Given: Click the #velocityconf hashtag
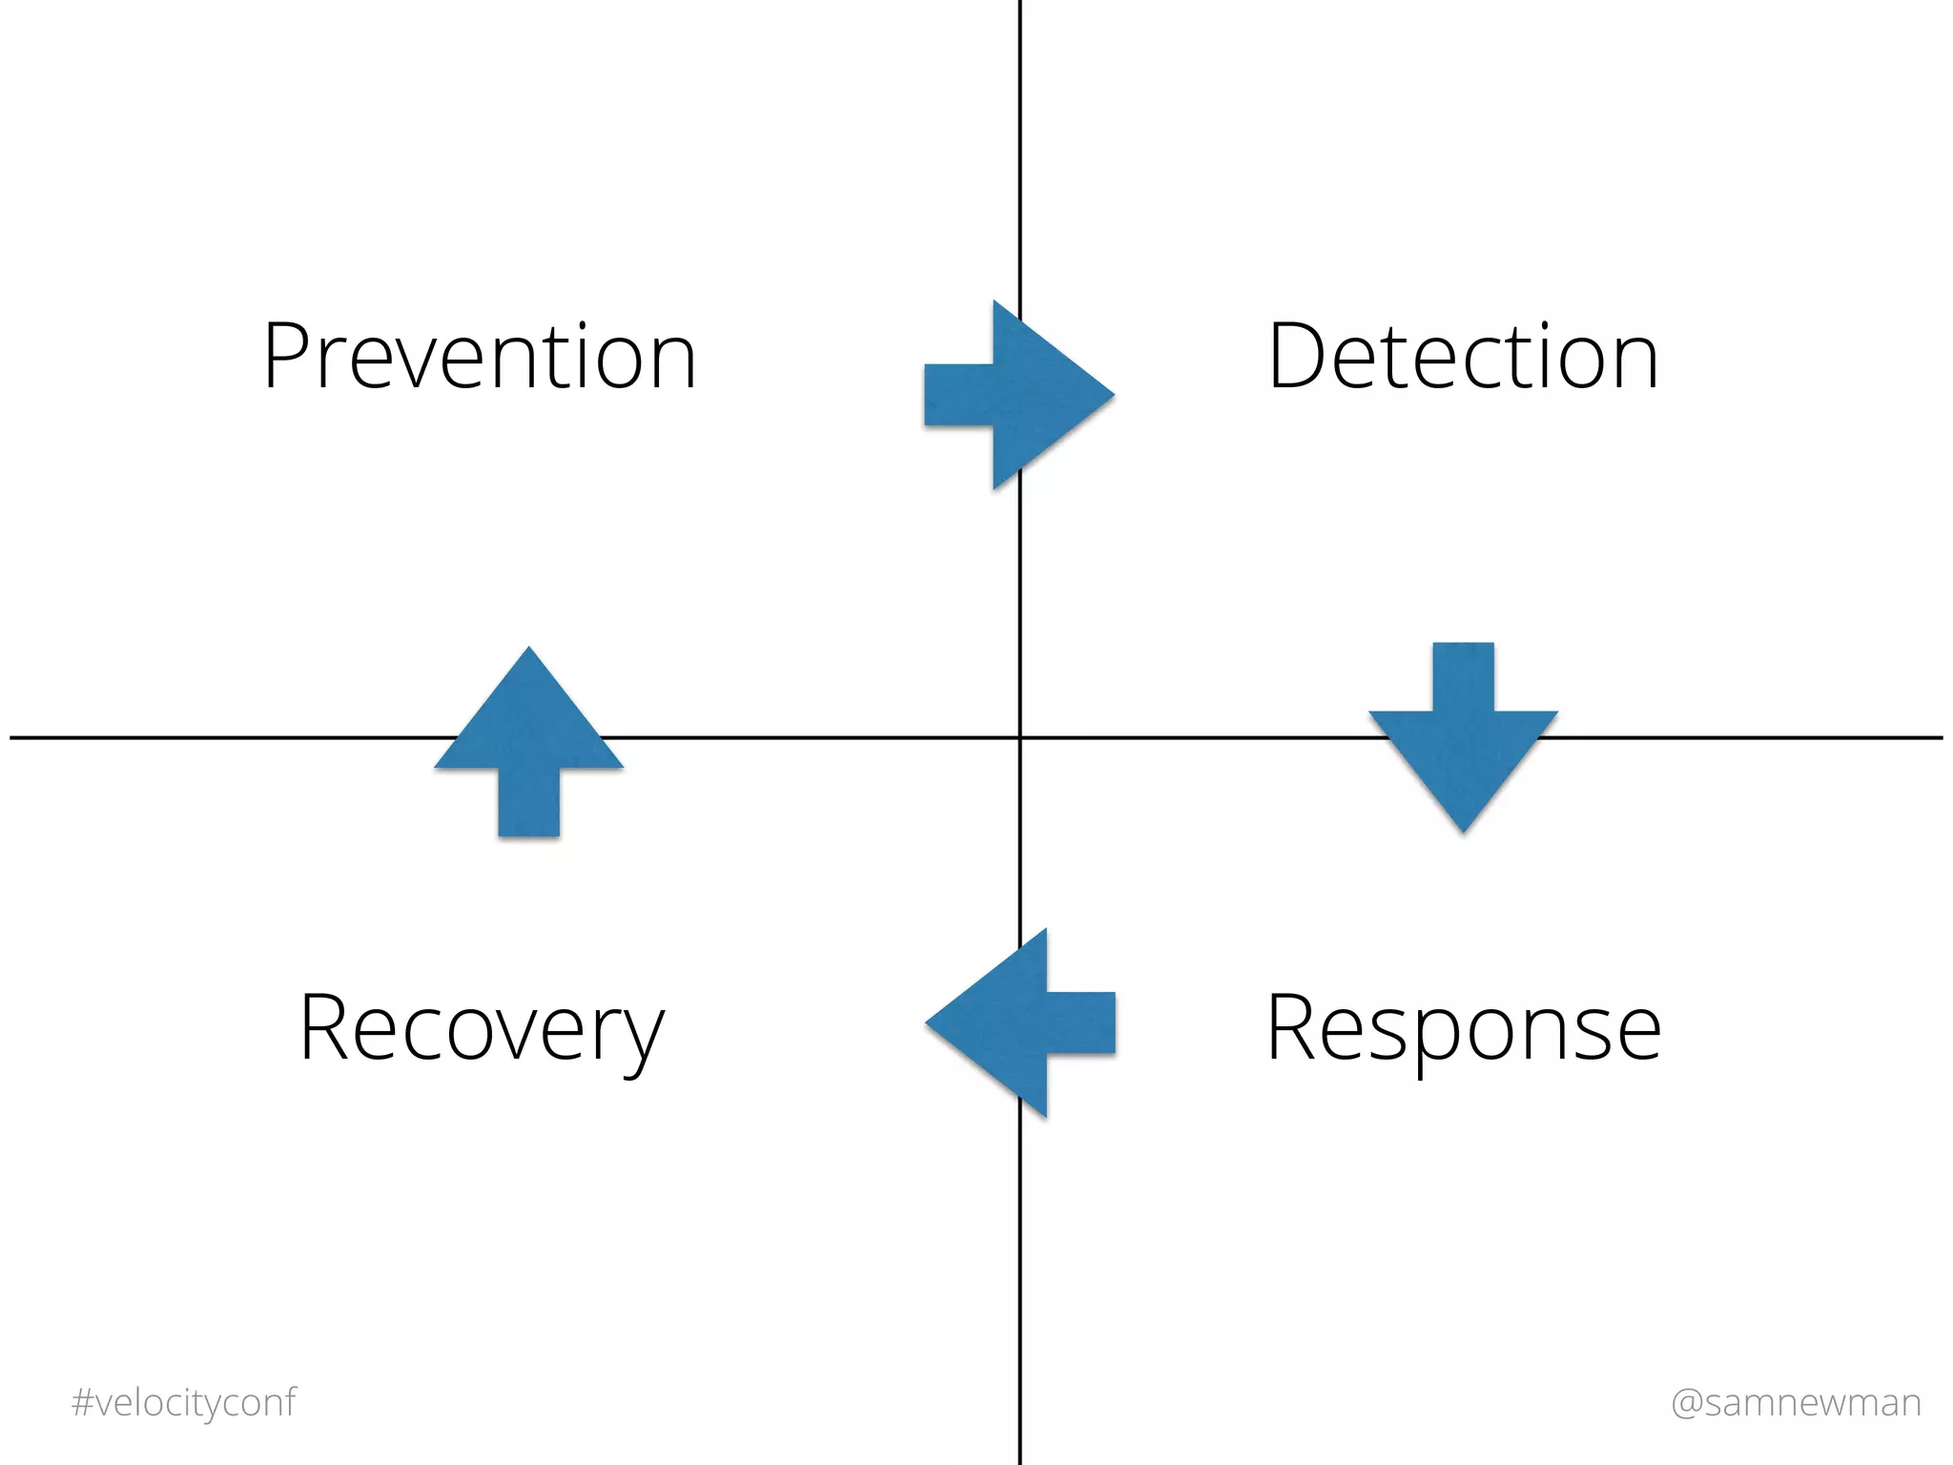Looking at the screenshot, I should click(184, 1402).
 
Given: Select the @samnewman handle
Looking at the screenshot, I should click(1796, 1402).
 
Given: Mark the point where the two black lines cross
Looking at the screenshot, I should click(1020, 737).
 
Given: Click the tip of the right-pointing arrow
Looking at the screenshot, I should click(1111, 394).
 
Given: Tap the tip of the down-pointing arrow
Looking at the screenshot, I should click(1464, 830).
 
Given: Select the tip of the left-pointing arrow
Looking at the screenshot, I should click(928, 1022).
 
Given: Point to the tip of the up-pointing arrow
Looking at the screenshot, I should click(529, 650).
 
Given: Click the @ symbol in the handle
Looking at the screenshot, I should click(1687, 1403).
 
